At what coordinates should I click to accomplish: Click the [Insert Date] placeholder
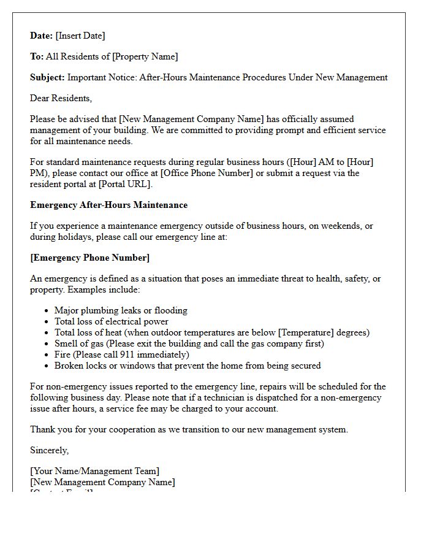click(x=80, y=36)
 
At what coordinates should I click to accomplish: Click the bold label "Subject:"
click(x=47, y=77)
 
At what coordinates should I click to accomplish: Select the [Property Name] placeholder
click(x=145, y=56)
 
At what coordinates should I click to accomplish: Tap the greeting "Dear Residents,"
click(x=61, y=98)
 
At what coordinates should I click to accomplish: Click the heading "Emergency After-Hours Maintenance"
click(x=108, y=205)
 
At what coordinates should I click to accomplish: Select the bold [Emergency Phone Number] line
click(x=89, y=258)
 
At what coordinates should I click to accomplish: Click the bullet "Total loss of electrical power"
click(x=111, y=321)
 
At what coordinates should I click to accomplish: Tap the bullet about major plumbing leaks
click(x=121, y=310)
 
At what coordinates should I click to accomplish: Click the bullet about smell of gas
click(x=189, y=343)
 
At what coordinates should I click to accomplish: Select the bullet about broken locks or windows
click(x=187, y=366)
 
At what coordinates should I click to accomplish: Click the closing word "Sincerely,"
click(x=49, y=450)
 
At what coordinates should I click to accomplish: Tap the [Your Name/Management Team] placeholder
click(x=94, y=471)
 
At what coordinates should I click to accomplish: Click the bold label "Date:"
click(x=41, y=36)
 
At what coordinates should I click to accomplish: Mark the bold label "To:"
click(x=37, y=56)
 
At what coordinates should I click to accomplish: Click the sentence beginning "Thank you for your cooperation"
click(x=189, y=429)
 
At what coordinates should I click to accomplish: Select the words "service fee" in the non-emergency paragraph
click(x=174, y=408)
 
